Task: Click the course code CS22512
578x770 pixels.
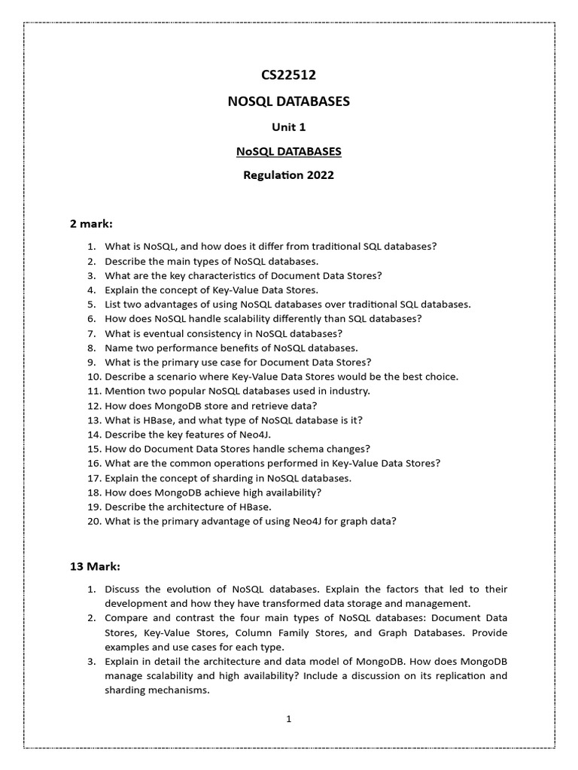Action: click(288, 74)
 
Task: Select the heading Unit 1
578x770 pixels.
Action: click(288, 127)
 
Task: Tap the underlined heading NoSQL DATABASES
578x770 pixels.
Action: click(288, 151)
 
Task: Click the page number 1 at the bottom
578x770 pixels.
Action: click(288, 719)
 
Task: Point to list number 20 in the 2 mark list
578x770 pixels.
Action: click(93, 520)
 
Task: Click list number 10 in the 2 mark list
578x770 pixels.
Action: click(93, 376)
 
